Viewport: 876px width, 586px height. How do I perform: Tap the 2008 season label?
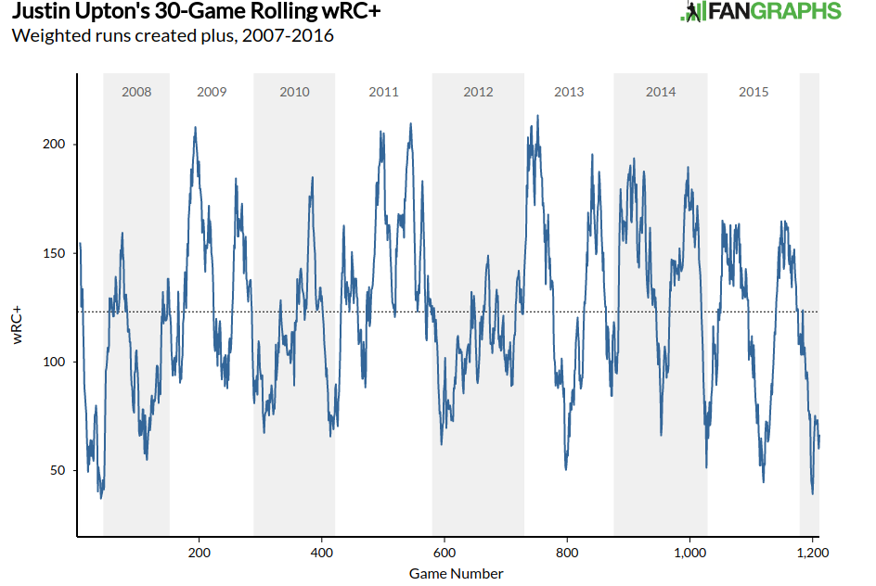(x=136, y=92)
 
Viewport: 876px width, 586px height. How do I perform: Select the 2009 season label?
(x=212, y=92)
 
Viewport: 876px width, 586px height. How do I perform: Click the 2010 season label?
(x=294, y=92)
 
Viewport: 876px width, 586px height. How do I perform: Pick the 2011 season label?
(x=383, y=92)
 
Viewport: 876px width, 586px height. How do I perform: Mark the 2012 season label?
(x=478, y=92)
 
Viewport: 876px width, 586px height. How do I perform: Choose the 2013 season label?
(x=569, y=92)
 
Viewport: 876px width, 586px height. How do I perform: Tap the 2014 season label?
(x=661, y=92)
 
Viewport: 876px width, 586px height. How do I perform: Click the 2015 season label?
(x=754, y=92)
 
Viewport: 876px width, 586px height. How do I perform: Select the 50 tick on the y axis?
(x=57, y=470)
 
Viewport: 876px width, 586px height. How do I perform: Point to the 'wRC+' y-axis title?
(x=18, y=325)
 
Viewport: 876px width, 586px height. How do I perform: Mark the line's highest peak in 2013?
(x=537, y=116)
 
